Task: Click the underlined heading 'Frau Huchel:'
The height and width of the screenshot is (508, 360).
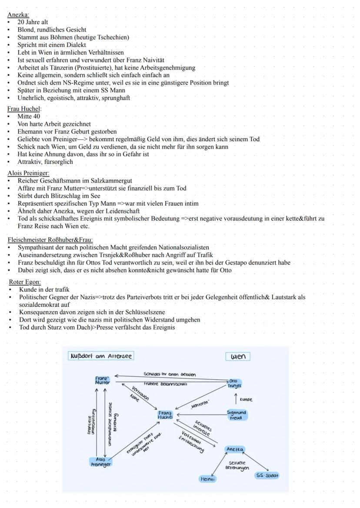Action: point(24,109)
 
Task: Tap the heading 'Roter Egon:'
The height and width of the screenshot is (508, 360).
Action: point(25,282)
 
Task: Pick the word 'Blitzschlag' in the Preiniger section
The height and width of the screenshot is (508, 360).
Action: point(63,196)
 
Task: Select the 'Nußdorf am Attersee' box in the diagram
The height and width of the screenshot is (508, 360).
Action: point(101,356)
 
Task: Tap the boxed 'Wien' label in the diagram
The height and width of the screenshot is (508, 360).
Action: point(238,357)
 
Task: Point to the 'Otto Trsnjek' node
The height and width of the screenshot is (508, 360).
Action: point(234,383)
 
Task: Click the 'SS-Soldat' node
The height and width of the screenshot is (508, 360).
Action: point(267,475)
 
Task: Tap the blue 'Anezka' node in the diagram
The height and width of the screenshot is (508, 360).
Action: point(235,449)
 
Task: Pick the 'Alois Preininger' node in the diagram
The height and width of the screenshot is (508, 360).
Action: point(101,462)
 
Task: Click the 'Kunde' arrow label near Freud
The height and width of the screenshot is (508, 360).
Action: point(246,399)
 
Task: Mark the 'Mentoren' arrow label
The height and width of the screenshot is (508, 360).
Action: point(200,405)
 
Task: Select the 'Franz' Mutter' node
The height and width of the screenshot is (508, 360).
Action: point(103,380)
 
